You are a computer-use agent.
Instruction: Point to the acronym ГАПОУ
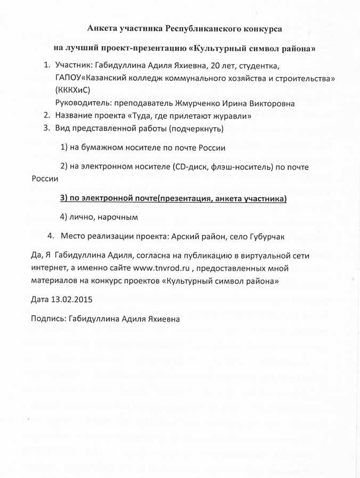point(68,78)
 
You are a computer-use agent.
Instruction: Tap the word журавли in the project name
point(228,116)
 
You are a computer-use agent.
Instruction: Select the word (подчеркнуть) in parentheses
point(193,128)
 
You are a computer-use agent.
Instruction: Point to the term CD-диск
point(192,167)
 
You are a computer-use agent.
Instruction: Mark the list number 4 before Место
point(50,236)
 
